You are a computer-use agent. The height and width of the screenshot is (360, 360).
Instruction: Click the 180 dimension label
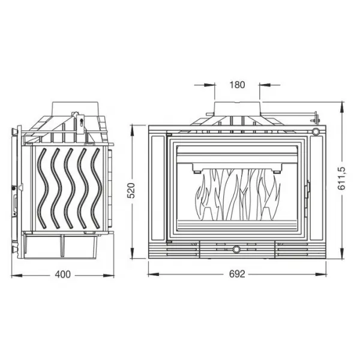click(237, 85)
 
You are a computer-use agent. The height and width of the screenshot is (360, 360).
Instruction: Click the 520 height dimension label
click(131, 190)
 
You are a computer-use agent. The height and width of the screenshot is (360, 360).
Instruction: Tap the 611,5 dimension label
click(341, 178)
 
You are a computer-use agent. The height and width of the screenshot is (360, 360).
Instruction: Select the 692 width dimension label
click(237, 274)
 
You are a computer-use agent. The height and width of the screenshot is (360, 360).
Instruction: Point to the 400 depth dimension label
click(62, 274)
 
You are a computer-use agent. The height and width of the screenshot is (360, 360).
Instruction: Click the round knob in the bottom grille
click(236, 249)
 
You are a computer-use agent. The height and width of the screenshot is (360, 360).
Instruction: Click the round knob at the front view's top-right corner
click(316, 132)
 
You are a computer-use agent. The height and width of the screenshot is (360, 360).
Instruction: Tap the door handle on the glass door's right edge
click(308, 189)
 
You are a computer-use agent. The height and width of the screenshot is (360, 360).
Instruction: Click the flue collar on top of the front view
click(237, 109)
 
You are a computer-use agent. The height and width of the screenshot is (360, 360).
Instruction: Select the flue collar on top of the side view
click(76, 109)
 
